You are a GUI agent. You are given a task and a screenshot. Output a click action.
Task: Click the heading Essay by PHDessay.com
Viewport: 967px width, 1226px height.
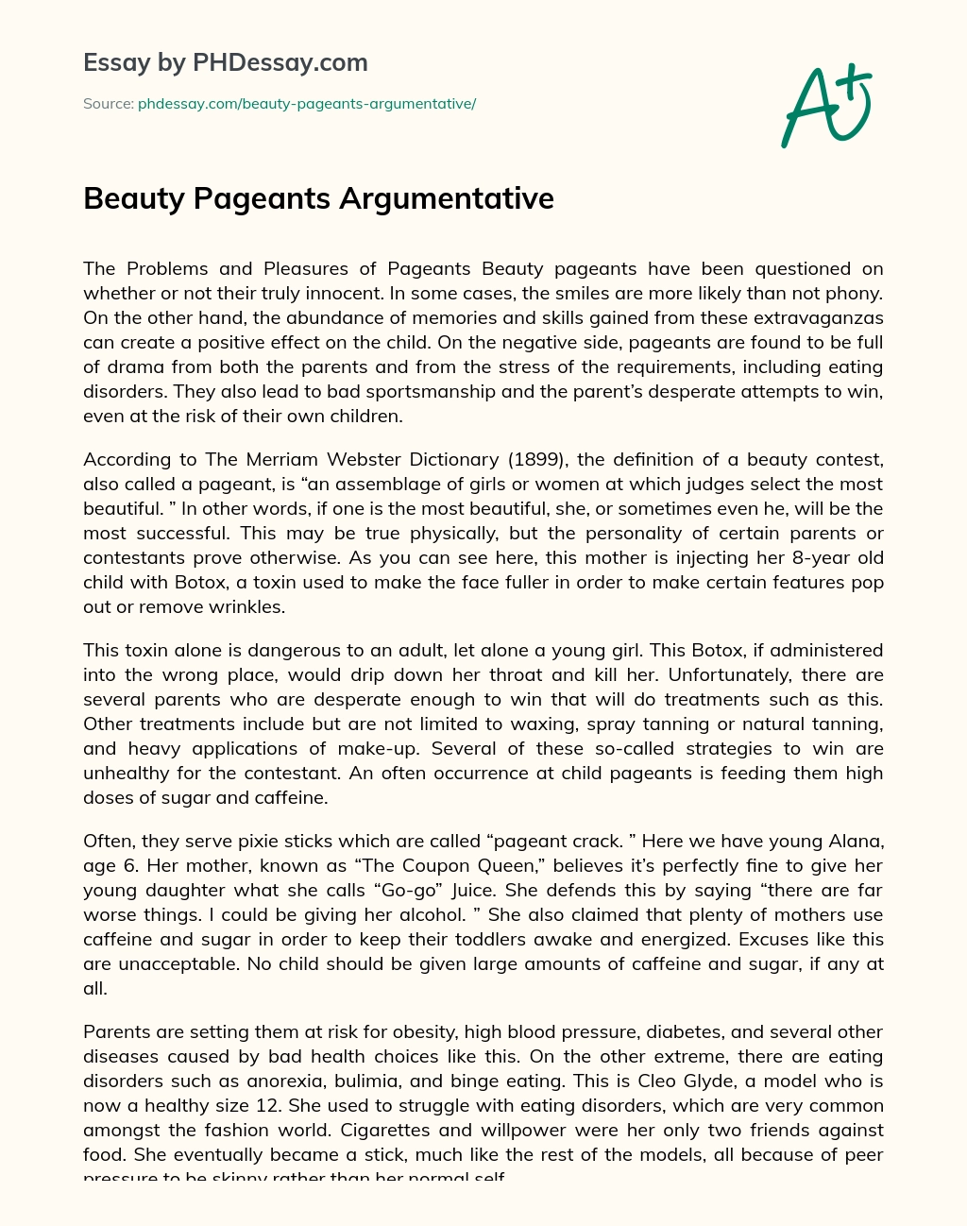(x=226, y=63)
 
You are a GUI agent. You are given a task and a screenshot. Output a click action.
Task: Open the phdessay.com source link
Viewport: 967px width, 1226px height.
(x=307, y=104)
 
